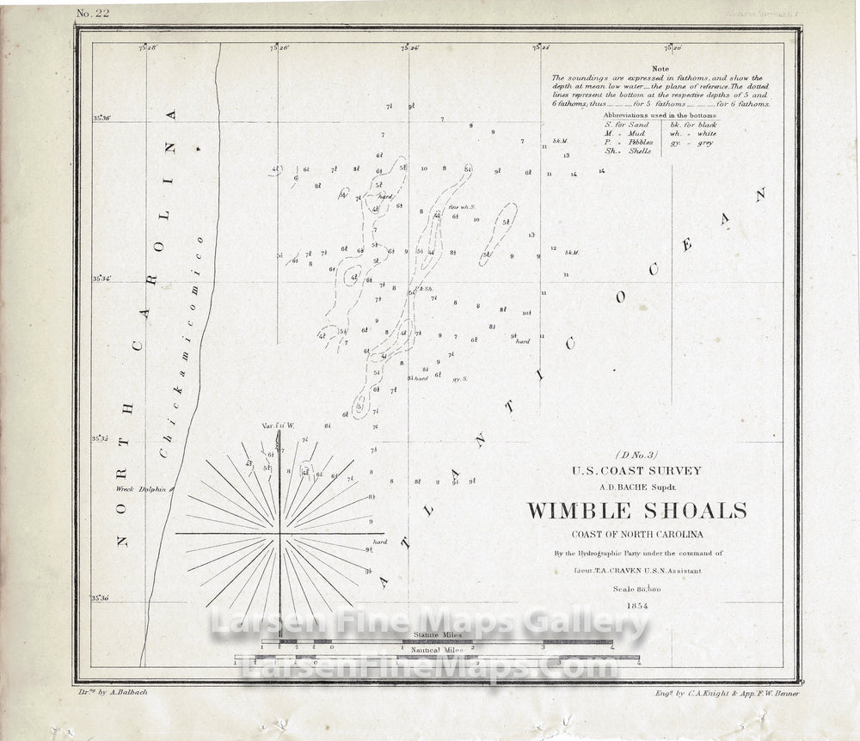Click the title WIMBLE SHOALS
click(636, 511)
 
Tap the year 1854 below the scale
click(637, 606)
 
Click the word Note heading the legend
click(660, 68)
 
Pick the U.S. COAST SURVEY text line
click(637, 470)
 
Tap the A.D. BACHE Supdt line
click(637, 485)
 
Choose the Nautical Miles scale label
click(437, 652)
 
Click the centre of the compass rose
click(279, 534)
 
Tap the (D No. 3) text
click(637, 456)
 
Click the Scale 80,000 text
click(637, 589)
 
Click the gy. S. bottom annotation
click(459, 378)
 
